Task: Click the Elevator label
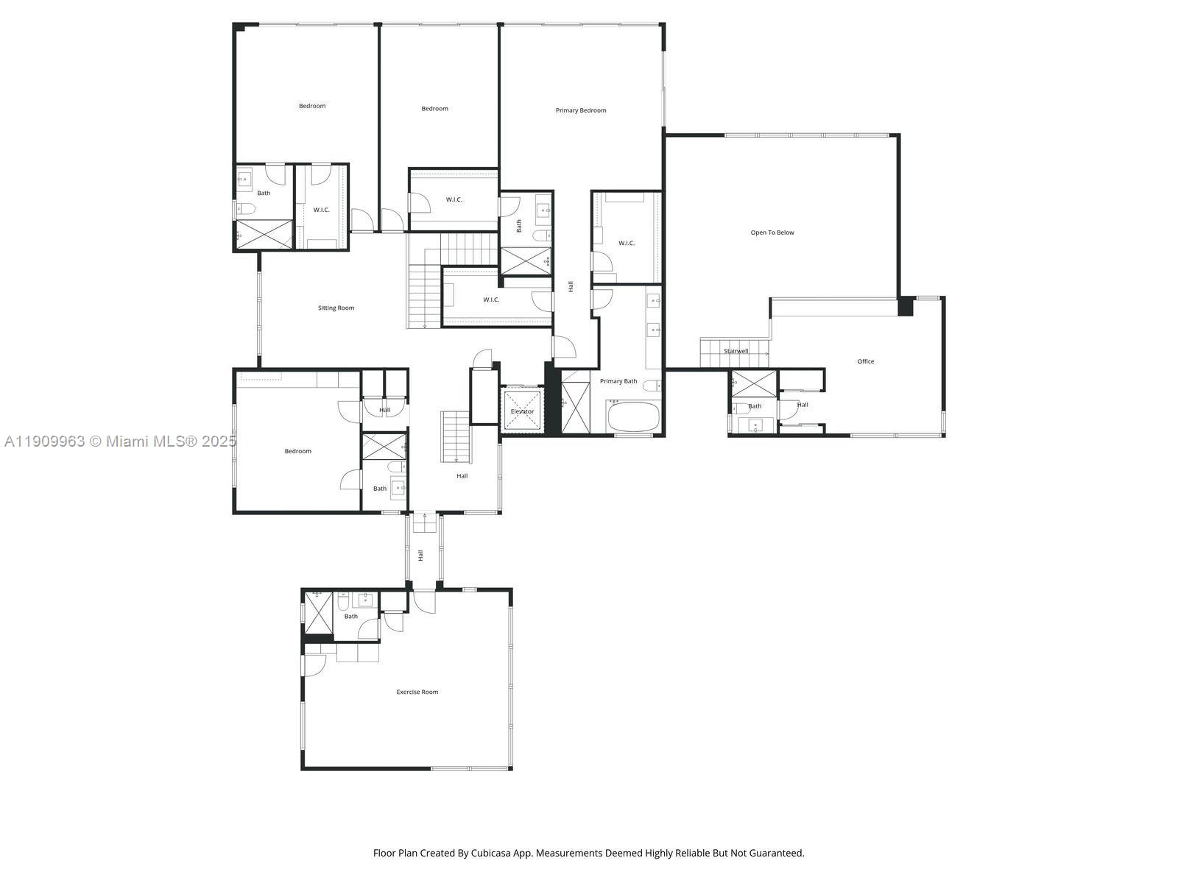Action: point(522,411)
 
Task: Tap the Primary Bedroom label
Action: point(581,110)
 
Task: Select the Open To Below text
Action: point(772,233)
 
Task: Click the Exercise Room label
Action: point(417,692)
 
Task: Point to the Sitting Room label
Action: point(336,308)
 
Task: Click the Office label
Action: point(866,361)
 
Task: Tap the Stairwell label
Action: point(736,351)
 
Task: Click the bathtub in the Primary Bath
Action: point(634,417)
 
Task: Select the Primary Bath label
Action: point(618,381)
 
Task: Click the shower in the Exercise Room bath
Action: point(319,613)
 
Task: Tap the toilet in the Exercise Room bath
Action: point(342,603)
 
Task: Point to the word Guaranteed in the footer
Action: point(777,853)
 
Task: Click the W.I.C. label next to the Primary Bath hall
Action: point(626,243)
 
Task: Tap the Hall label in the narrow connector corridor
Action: point(421,556)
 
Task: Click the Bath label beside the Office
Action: point(755,406)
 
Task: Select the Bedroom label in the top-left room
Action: point(311,106)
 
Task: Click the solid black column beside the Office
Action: point(906,306)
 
